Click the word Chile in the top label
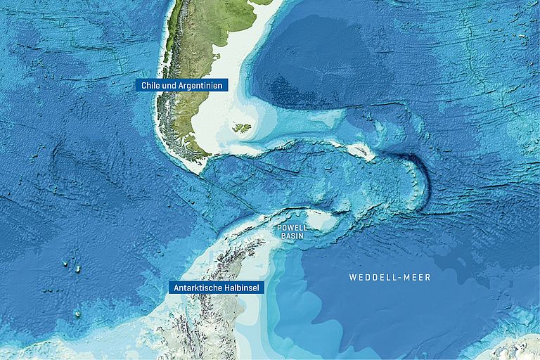tap(150, 85)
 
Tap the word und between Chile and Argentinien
tap(169, 85)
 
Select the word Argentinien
tap(201, 85)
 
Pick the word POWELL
tap(291, 229)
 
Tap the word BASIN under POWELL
tap(291, 237)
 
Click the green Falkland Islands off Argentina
tap(241, 128)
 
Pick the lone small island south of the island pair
tap(77, 314)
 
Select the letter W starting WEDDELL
tap(352, 278)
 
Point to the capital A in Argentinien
tap(182, 85)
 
